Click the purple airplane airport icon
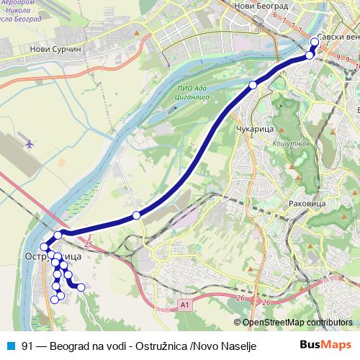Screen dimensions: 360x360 click(30, 143)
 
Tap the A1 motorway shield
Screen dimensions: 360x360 click(185, 306)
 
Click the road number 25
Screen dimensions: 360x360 click(89, 246)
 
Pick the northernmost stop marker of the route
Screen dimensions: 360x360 click(315, 42)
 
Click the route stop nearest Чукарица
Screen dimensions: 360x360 click(253, 86)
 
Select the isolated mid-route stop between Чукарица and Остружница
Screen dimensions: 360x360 click(136, 215)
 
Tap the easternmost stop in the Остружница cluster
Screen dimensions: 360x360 click(81, 287)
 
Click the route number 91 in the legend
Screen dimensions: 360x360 click(27, 345)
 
